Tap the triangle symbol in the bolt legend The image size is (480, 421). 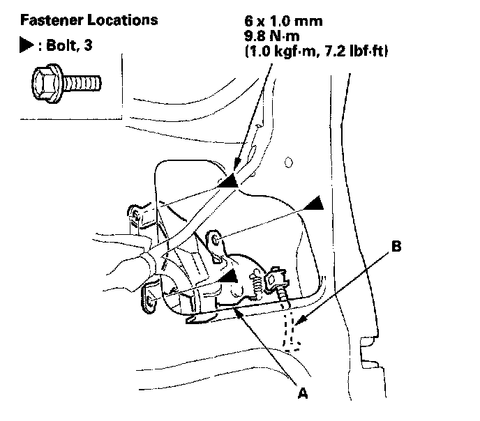coord(26,47)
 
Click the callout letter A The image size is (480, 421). coord(302,393)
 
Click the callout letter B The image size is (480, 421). coord(396,246)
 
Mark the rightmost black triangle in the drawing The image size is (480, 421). coord(314,202)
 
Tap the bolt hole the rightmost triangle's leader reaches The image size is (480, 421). coord(216,241)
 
